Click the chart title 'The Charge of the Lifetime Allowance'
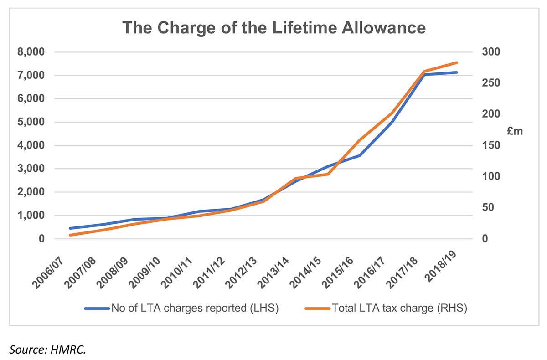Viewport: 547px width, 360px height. click(x=273, y=27)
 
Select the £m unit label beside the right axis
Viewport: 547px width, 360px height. click(x=515, y=132)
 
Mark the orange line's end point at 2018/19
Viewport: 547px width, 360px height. click(x=456, y=62)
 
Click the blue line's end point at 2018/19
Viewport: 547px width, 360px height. click(x=456, y=72)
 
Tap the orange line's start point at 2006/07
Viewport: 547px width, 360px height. click(x=70, y=235)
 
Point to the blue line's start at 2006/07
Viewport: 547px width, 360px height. click(x=70, y=228)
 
